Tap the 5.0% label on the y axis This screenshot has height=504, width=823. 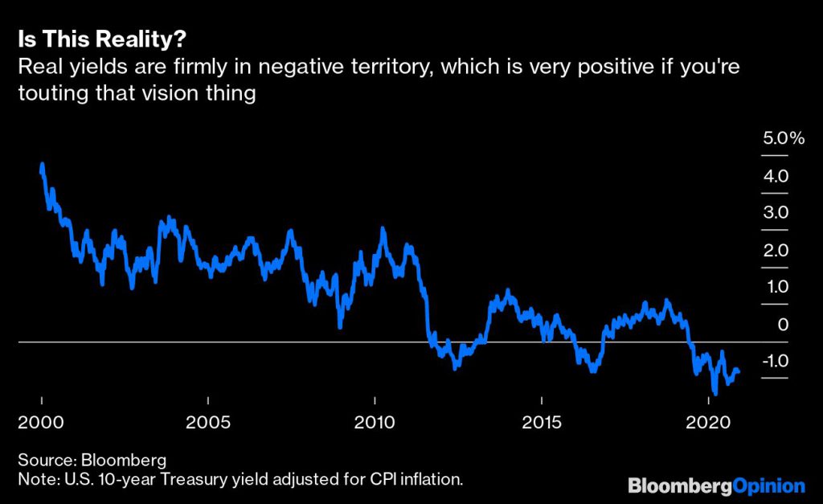(x=783, y=138)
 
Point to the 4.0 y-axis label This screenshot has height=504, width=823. (x=776, y=176)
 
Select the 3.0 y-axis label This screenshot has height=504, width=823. (x=776, y=213)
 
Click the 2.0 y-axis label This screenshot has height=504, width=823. (x=776, y=250)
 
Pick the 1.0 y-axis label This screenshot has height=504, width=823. (x=776, y=287)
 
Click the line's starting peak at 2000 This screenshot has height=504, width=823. (x=42, y=166)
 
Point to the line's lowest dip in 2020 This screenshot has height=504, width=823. (x=714, y=393)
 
